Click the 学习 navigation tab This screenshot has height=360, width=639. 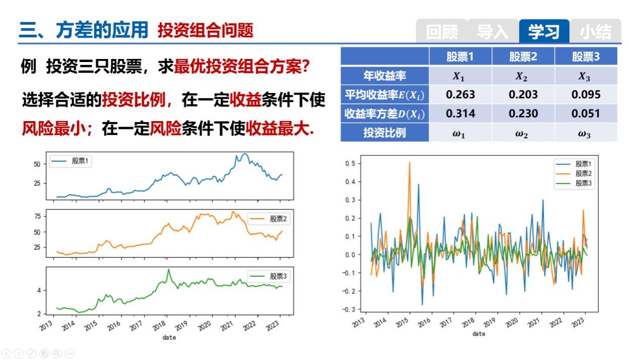(544, 31)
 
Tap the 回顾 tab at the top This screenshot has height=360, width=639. (441, 31)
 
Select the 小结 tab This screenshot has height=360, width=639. (596, 31)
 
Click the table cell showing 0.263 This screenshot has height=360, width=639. (461, 94)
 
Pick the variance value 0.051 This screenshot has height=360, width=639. (586, 113)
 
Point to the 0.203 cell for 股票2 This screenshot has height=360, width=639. (523, 94)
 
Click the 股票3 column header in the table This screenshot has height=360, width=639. (586, 56)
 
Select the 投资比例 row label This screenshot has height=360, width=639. (385, 133)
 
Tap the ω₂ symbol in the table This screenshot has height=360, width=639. (522, 134)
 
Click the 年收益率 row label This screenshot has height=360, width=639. (385, 76)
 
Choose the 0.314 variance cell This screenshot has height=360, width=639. (461, 113)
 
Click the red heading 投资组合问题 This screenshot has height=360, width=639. (206, 30)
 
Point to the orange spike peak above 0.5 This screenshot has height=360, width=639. (409, 162)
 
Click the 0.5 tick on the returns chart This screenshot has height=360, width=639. (350, 163)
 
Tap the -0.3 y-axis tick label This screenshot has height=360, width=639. (349, 310)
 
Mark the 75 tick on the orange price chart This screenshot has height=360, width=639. (37, 216)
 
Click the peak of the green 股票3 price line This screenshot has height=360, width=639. (168, 269)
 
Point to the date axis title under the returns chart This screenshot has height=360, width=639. (479, 333)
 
